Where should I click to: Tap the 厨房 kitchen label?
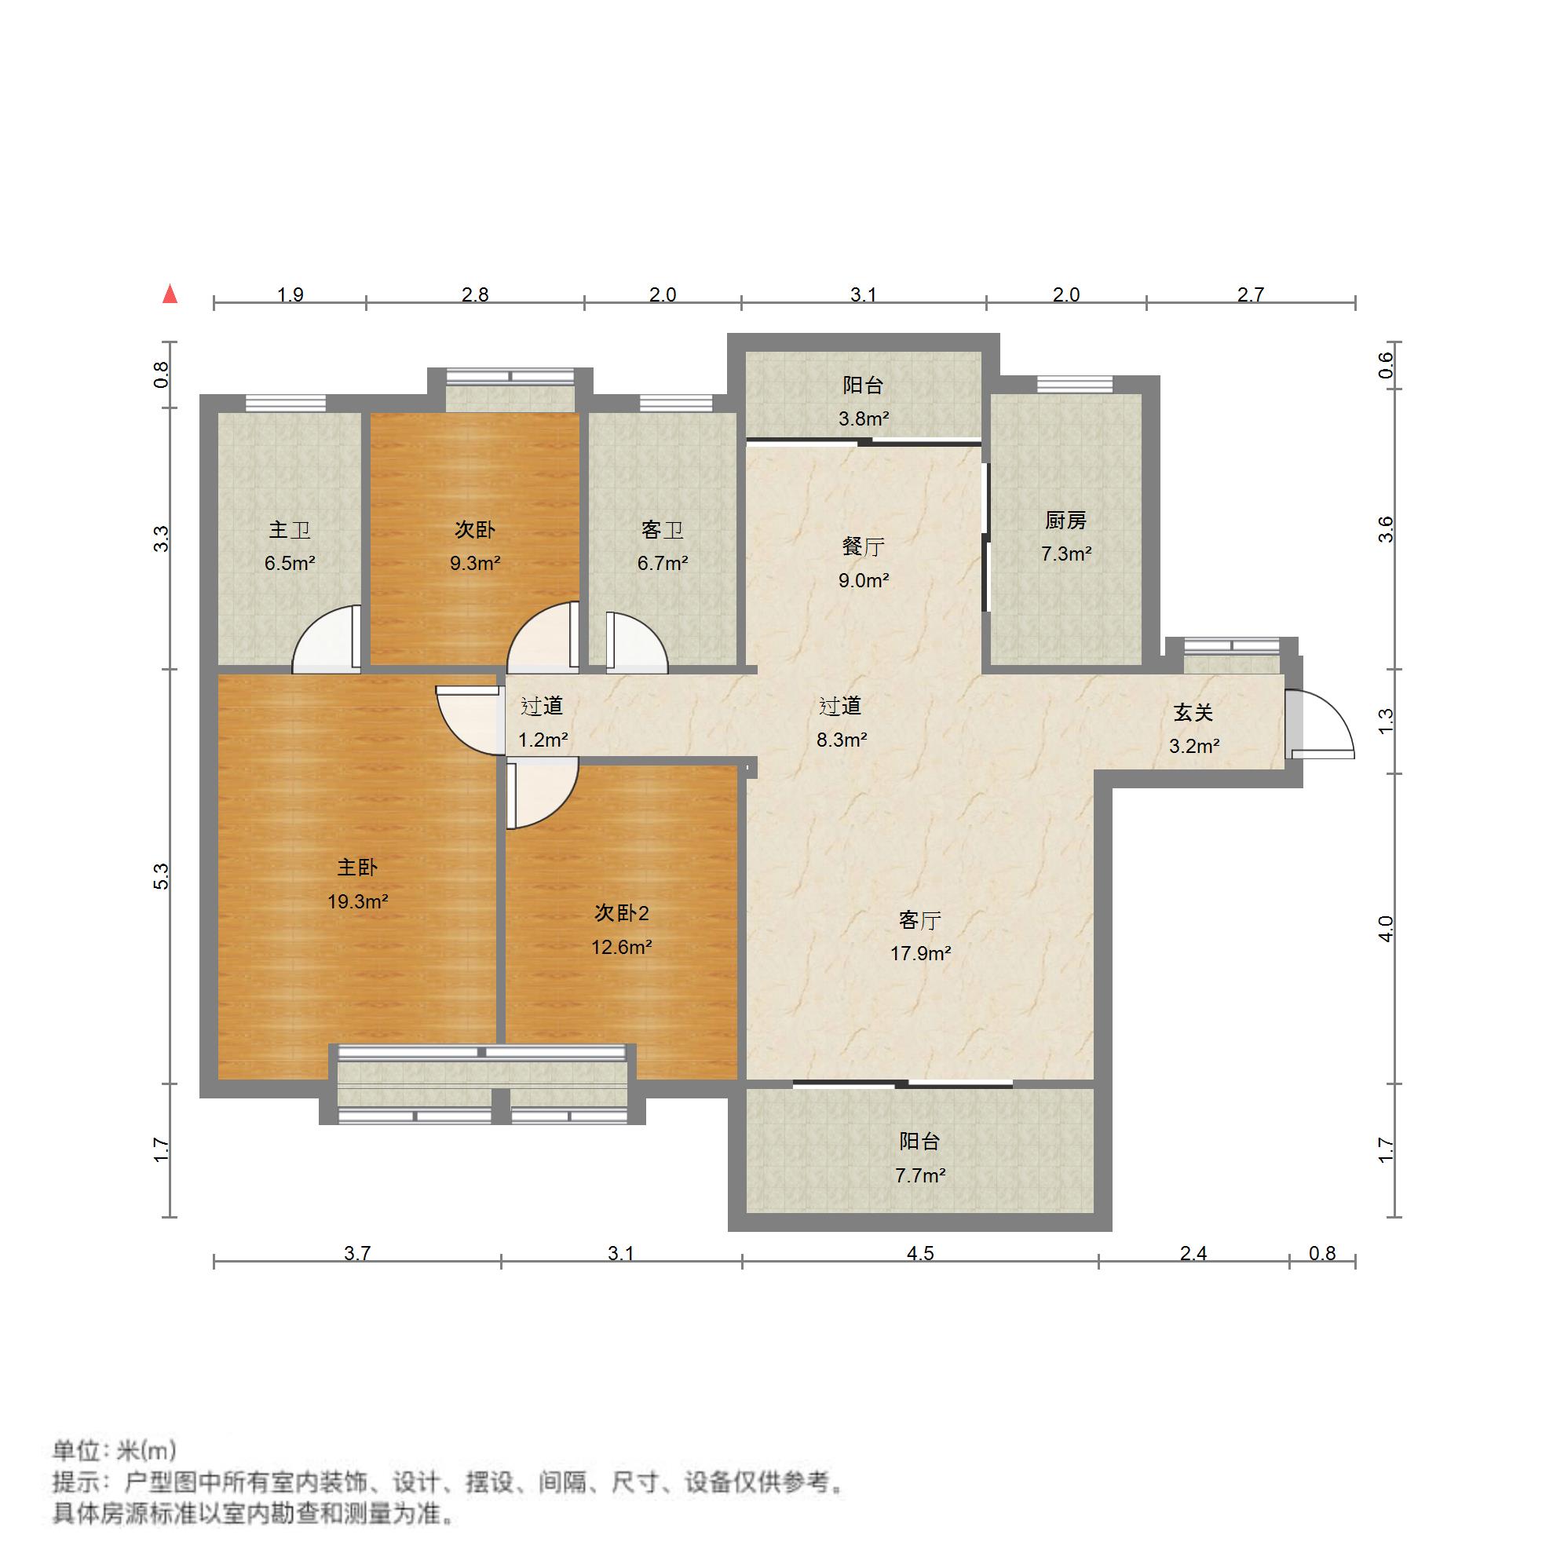point(1065,521)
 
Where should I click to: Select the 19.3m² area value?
point(358,901)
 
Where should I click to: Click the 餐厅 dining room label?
point(863,547)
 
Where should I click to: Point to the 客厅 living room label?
point(919,920)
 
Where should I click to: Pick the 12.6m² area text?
point(622,946)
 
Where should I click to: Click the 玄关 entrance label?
point(1193,712)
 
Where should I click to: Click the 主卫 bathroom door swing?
point(325,639)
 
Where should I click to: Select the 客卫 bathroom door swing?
point(637,642)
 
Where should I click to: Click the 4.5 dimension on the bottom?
point(919,1253)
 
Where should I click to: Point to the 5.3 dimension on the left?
point(162,877)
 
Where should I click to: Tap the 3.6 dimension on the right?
point(1386,529)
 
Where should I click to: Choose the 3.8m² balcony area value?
point(863,418)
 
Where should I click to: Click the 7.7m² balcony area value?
point(919,1175)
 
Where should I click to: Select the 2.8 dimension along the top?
point(475,294)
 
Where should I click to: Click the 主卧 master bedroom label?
point(357,868)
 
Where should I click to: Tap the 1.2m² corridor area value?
point(543,739)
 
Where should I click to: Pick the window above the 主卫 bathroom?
point(286,402)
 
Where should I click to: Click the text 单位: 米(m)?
point(114,1450)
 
